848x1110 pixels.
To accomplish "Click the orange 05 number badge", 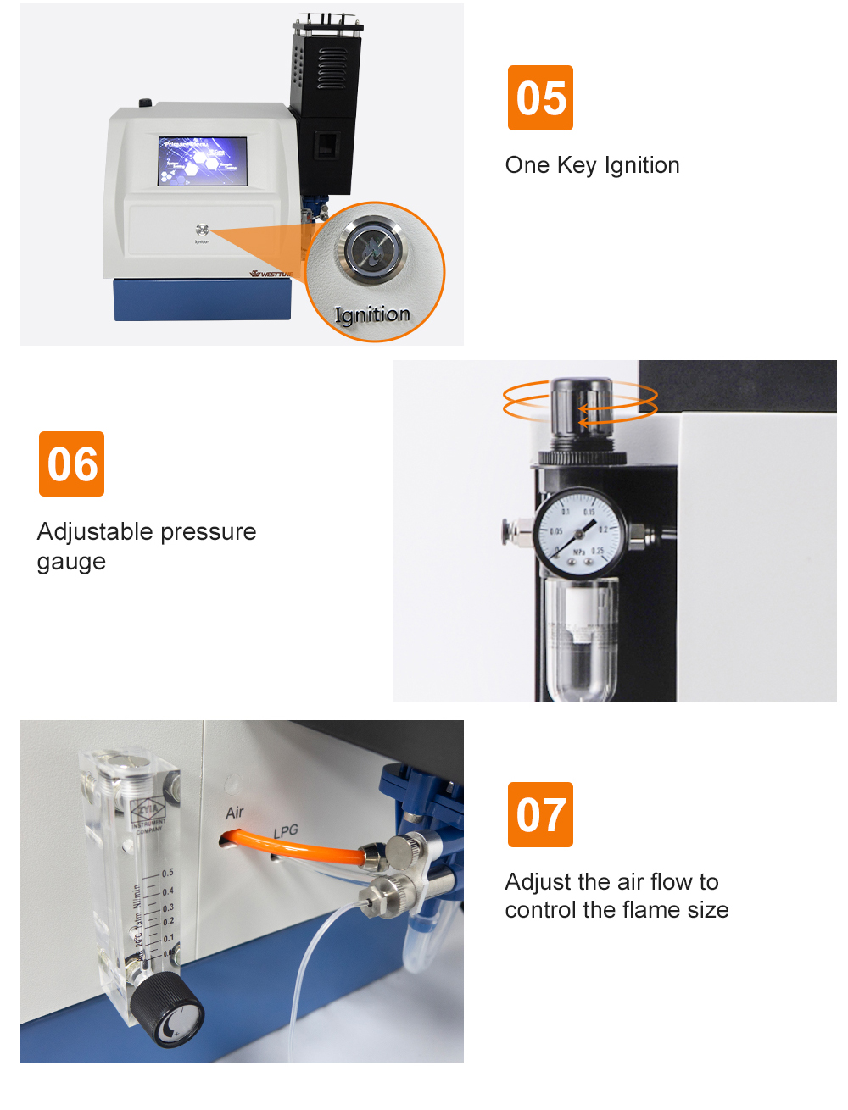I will [x=540, y=97].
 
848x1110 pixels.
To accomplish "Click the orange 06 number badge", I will [x=71, y=463].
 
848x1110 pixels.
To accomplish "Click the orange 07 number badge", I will [x=540, y=814].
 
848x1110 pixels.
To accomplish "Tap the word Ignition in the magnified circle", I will [x=372, y=315].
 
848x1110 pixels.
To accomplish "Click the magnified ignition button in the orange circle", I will [x=374, y=248].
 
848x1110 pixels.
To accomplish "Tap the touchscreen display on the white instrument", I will [x=203, y=160].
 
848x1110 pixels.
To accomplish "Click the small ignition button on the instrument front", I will [x=202, y=230].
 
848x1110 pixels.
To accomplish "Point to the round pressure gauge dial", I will [x=579, y=532].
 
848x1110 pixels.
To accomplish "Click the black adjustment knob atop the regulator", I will [x=581, y=407].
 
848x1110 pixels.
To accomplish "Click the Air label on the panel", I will [x=235, y=813].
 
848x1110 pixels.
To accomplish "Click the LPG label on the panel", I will [x=286, y=831].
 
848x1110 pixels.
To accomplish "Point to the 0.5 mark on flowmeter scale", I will [x=167, y=873].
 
